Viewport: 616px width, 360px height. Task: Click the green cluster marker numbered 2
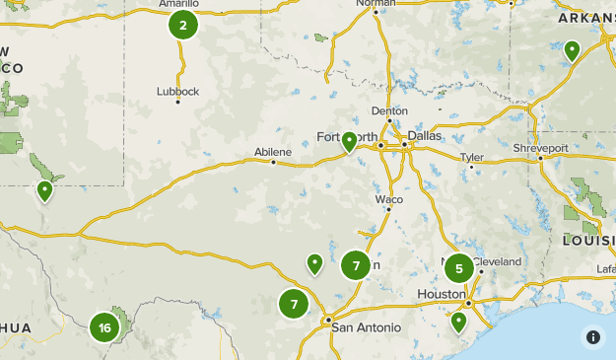pos(183,25)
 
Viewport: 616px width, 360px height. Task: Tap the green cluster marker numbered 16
pos(104,327)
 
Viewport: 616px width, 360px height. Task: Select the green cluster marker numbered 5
pos(458,268)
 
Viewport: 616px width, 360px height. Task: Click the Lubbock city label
pos(177,92)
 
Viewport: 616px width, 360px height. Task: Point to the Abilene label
pos(273,152)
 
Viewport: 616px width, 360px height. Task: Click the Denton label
pos(389,111)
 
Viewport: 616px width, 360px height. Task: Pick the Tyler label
pos(472,158)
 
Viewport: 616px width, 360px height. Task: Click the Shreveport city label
pos(540,148)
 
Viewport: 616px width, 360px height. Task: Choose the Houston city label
pos(441,294)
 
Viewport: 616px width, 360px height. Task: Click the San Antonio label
pos(366,327)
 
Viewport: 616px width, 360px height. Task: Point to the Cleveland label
pos(498,261)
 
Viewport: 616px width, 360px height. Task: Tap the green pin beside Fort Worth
pos(349,142)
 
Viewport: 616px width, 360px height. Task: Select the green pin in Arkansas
pos(572,49)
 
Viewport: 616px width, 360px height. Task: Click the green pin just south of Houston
pos(458,321)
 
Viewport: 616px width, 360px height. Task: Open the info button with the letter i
pos(593,336)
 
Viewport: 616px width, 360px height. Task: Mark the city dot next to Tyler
pos(472,168)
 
